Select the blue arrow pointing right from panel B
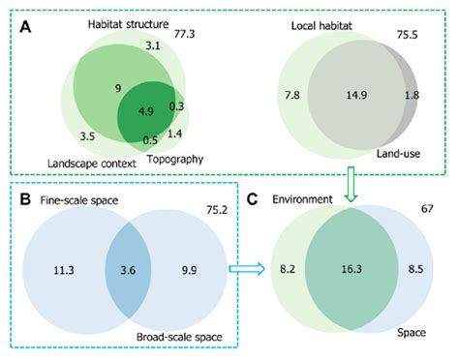pyautogui.click(x=240, y=273)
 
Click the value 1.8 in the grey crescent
pyautogui.click(x=412, y=95)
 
